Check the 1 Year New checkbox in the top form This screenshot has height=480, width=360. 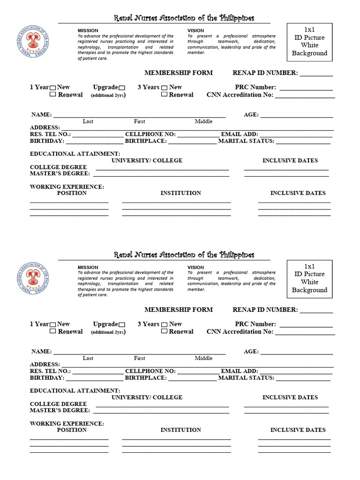pos(53,88)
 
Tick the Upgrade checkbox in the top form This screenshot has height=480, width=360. pos(122,88)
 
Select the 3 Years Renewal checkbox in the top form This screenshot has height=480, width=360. pos(165,95)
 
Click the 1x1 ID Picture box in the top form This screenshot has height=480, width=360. pos(309,42)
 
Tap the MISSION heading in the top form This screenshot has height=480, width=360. pos(88,30)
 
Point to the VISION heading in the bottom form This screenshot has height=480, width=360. pos(195,267)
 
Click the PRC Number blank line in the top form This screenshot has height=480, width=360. pos(306,88)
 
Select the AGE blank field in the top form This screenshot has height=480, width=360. pos(296,115)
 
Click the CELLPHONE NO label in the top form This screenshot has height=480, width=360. pos(150,135)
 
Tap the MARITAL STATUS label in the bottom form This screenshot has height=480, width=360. pos(246,378)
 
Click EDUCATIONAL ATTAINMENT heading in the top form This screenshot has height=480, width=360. pos(75,154)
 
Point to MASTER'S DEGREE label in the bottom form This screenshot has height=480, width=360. pos(60,411)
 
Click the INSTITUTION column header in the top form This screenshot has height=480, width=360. pos(180,193)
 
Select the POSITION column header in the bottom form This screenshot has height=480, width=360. pos(72,430)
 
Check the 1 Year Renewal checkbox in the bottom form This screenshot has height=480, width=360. pos(53,331)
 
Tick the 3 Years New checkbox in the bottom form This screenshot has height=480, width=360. pos(165,324)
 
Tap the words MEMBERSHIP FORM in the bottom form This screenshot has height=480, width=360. pos(178,310)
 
